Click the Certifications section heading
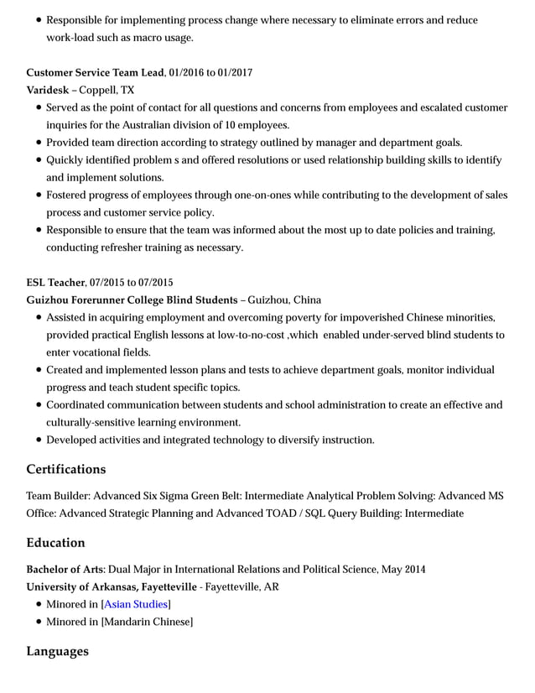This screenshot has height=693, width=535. point(66,469)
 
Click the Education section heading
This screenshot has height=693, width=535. point(55,543)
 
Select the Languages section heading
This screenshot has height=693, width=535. point(57,651)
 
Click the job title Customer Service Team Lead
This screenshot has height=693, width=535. point(95,73)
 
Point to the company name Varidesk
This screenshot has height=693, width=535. point(48,90)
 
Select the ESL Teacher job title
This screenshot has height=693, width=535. point(55,283)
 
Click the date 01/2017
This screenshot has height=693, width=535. point(235,73)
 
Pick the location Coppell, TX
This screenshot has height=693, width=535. point(106,90)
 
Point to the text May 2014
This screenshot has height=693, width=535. point(403,570)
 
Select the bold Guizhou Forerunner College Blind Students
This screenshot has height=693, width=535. point(132,300)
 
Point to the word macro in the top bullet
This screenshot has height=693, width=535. point(127,38)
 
